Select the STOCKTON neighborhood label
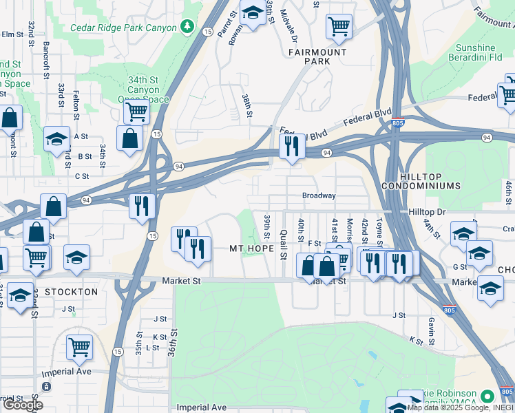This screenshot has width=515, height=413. (x=72, y=292)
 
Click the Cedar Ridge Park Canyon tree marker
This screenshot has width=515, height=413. (x=186, y=26)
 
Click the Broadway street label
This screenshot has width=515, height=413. (x=319, y=195)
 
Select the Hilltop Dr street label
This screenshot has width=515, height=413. (x=427, y=212)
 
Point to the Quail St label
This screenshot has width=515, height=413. (x=284, y=244)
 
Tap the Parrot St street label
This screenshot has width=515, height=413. (x=222, y=23)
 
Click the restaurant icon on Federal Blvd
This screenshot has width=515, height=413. (x=292, y=146)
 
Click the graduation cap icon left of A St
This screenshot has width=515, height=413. (x=56, y=139)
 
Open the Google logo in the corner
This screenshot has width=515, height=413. (x=23, y=405)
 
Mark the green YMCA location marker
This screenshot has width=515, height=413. (x=487, y=396)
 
